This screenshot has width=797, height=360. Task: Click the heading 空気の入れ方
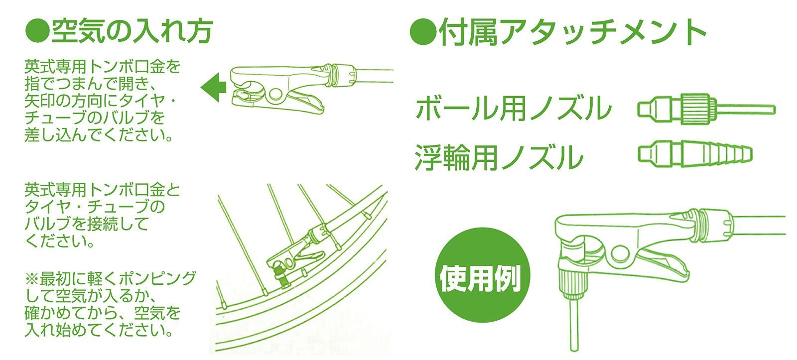tap(133, 31)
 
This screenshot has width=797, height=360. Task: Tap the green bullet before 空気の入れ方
tap(37, 31)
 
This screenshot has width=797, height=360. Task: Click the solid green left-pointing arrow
tap(214, 88)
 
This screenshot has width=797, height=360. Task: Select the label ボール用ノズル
tap(514, 108)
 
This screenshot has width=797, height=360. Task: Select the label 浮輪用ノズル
tap(499, 157)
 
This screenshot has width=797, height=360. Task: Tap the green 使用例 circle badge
tap(483, 275)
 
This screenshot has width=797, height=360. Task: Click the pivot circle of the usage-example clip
tap(621, 253)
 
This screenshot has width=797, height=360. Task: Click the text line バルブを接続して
tap(87, 224)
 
